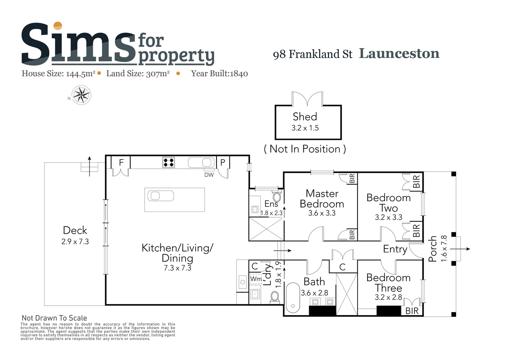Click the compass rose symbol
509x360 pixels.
[x=81, y=95]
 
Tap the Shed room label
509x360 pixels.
[x=305, y=117]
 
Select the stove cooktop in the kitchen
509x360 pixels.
[x=169, y=162]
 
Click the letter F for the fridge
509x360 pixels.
[x=121, y=163]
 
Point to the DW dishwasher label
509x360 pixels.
[x=209, y=175]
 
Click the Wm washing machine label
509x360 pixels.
[x=256, y=279]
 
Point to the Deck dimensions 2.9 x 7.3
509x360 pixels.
[x=75, y=242]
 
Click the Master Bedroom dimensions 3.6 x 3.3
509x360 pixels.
[x=321, y=213]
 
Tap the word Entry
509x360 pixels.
[x=395, y=249]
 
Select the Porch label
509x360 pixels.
[x=432, y=249]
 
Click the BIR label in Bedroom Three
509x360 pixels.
[x=412, y=311]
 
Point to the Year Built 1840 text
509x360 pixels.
[x=219, y=74]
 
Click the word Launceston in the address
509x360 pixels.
[x=399, y=53]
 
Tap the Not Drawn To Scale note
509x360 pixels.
[x=54, y=318]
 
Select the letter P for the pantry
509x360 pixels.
[x=223, y=163]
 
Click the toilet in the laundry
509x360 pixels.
[x=275, y=296]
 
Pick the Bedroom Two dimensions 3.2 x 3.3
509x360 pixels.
[x=388, y=217]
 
